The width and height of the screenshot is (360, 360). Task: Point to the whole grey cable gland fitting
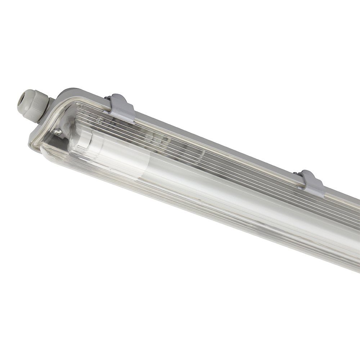coord(34,103)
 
